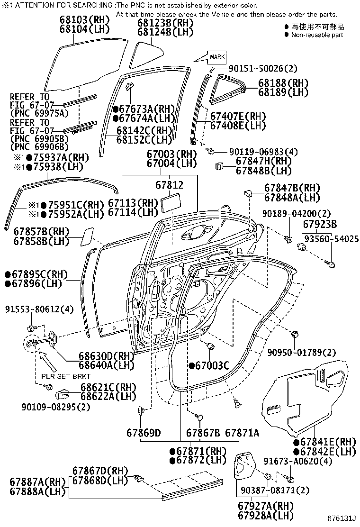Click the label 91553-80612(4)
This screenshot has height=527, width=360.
point(40,310)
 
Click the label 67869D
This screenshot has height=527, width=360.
point(144,432)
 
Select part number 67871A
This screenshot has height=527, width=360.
point(242,432)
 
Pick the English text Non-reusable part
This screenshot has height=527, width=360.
point(317,35)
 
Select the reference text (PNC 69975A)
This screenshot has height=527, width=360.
point(39,113)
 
